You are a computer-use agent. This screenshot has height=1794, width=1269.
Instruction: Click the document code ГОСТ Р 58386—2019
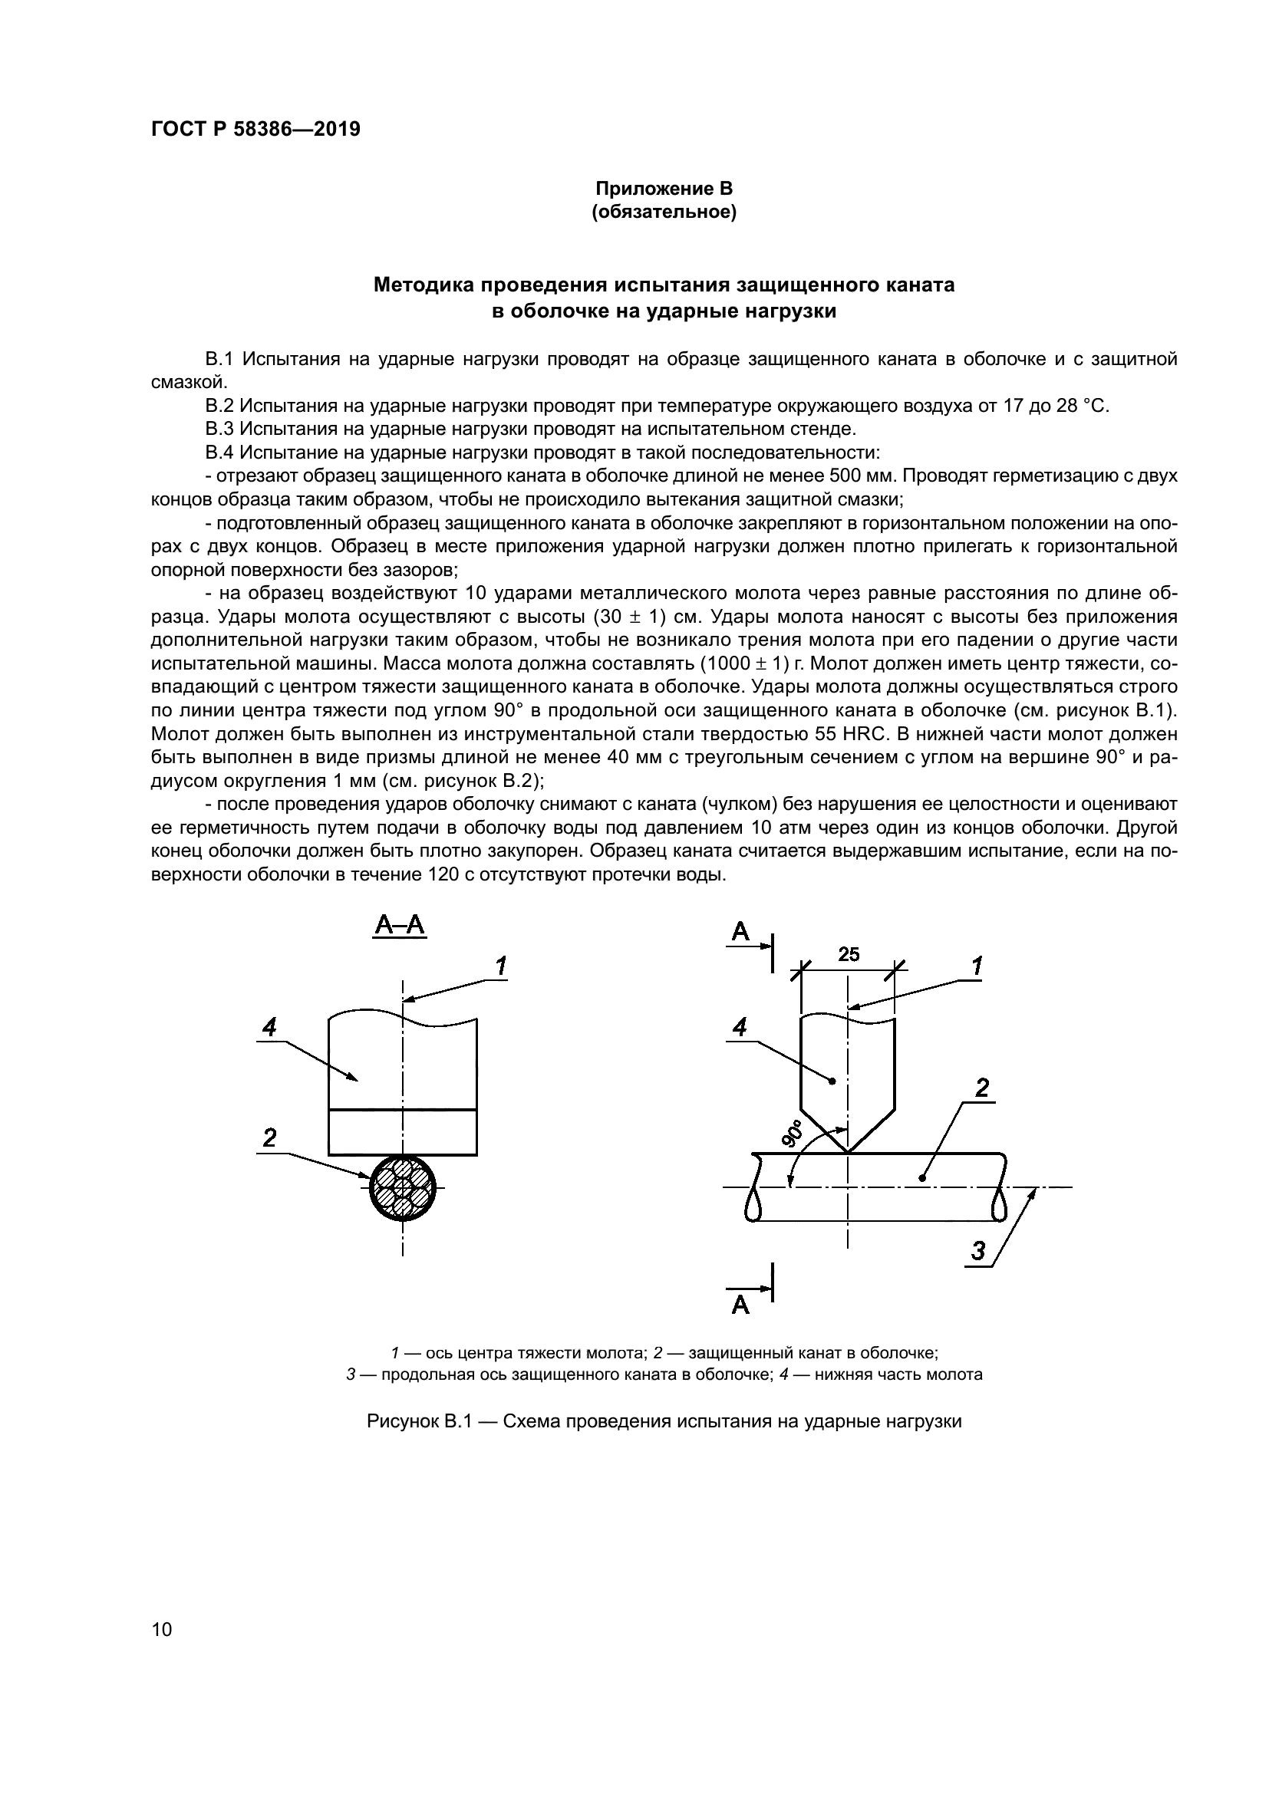[x=255, y=130]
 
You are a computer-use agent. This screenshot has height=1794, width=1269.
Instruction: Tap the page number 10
[x=161, y=1629]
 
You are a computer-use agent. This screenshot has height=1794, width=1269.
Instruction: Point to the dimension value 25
[x=849, y=954]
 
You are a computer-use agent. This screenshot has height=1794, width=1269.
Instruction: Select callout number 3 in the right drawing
[x=978, y=1251]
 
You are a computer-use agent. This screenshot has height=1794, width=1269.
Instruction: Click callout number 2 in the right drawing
[x=982, y=1088]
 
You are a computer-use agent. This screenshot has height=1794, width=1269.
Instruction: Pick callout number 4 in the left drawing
[x=269, y=1027]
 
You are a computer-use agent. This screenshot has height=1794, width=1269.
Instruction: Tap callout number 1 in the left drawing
[x=501, y=966]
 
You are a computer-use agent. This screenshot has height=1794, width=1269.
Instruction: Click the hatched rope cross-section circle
[x=403, y=1187]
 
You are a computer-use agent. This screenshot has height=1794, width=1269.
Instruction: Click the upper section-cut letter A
[x=740, y=931]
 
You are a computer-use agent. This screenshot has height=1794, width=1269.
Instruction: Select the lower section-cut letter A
[x=740, y=1305]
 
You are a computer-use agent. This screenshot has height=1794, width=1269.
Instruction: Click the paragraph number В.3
[x=219, y=429]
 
